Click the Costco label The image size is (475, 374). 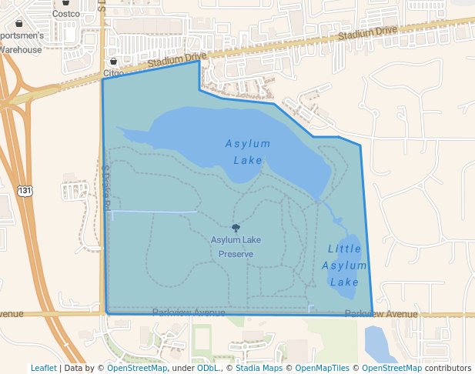pos(66,14)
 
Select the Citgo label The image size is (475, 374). pos(113,73)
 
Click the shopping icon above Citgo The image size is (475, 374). pos(113,61)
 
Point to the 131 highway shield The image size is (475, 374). pos(25,190)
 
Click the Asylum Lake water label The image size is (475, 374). pos(248,152)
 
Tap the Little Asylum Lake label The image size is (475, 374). pos(344,265)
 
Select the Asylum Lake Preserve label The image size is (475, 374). pos(236,246)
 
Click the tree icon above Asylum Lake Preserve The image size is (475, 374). pos(235,228)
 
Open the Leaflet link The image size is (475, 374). pos(43,368)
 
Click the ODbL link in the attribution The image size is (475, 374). pos(206,368)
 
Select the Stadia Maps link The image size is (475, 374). pos(259,368)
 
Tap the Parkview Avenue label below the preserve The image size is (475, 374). pos(189,312)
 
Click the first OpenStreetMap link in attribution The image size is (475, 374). pos(137,368)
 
